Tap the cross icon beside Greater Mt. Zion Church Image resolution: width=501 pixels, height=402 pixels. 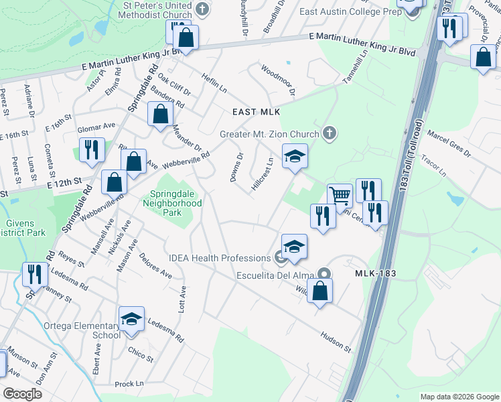tap(328, 133)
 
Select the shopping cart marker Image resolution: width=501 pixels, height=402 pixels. tap(340, 196)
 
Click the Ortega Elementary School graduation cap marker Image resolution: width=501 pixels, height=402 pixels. tap(132, 319)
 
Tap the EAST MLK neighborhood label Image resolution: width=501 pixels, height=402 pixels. tap(255, 112)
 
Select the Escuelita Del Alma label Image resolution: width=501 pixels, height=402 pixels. tap(278, 274)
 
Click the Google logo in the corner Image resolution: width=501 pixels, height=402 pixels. tap(23, 393)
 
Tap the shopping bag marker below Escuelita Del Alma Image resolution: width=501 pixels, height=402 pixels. tap(320, 291)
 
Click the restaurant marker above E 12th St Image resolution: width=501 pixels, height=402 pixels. tap(91, 150)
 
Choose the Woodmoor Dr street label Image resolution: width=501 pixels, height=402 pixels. tap(278, 80)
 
